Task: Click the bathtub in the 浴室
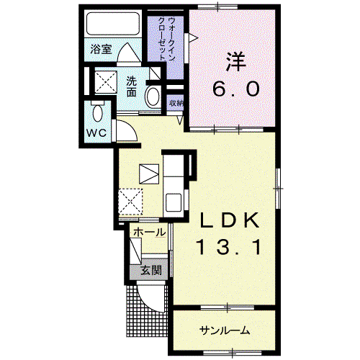[x=113, y=24]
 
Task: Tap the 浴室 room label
[x=101, y=50]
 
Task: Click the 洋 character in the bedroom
[x=235, y=62]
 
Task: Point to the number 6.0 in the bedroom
[x=235, y=89]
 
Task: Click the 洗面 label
[x=132, y=86]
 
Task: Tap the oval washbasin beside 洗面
[x=153, y=97]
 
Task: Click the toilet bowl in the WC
[x=97, y=113]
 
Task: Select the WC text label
[x=96, y=132]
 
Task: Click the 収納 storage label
[x=176, y=103]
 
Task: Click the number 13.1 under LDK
[x=228, y=248]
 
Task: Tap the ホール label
[x=149, y=232]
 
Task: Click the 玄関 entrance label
[x=150, y=271]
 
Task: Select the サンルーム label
[x=225, y=330]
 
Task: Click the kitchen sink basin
[x=174, y=203]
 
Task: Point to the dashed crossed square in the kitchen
[x=130, y=202]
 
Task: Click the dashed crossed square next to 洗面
[x=106, y=81]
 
